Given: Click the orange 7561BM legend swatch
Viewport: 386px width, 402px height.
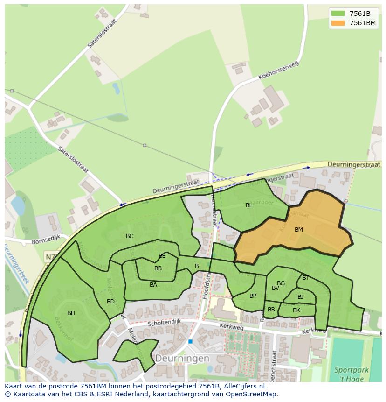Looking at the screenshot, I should point(338,23).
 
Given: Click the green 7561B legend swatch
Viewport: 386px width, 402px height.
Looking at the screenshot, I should point(338,14).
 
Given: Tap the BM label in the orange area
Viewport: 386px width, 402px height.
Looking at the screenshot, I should point(299,230).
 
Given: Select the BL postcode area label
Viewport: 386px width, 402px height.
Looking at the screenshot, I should point(249,205).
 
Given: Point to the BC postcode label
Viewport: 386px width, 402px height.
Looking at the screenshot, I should point(130,236).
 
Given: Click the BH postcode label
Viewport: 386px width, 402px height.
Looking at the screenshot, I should point(71,313).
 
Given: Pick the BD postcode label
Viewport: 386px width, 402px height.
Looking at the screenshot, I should point(110,302).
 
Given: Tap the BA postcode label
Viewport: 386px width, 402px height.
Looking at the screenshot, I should point(153,285).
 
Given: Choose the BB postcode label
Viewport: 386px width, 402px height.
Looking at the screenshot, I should point(158,268).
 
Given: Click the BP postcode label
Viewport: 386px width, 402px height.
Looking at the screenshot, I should point(253,296).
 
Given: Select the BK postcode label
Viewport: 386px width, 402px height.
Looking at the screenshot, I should point(296,310).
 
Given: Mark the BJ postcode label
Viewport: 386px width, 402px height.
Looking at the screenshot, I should point(300,297).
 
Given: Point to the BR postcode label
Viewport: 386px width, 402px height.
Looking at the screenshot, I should point(271,310).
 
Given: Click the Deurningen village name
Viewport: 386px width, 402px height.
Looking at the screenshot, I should point(182,359).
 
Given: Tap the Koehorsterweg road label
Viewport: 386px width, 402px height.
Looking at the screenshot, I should point(277,71).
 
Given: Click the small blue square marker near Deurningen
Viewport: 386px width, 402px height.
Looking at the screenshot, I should point(190,342).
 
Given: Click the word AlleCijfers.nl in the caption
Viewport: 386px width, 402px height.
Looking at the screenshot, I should point(243,386).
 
